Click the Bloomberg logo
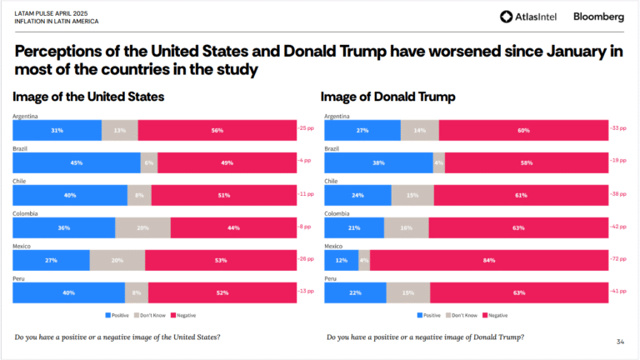click(x=598, y=17)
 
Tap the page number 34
click(x=620, y=342)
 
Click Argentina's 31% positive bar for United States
click(x=57, y=130)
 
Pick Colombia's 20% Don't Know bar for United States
click(x=142, y=227)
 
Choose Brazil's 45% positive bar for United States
click(x=77, y=162)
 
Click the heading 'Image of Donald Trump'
click(x=388, y=97)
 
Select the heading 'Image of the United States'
click(x=89, y=97)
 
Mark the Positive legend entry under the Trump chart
click(x=430, y=315)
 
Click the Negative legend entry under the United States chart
click(x=183, y=315)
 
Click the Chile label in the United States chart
click(x=21, y=181)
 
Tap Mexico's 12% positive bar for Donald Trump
click(x=341, y=261)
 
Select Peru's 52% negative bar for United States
click(x=222, y=292)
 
